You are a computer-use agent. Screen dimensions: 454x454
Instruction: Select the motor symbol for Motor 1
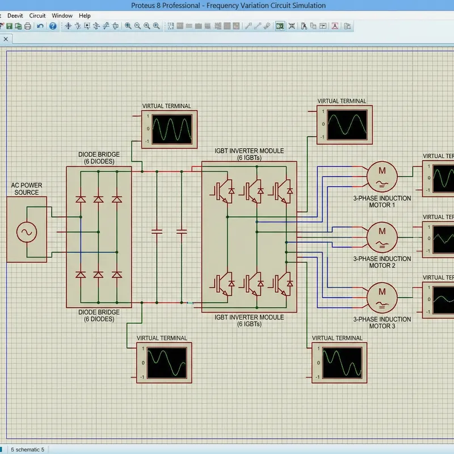click(x=381, y=175)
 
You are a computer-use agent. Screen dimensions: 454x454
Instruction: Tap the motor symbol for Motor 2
click(x=381, y=235)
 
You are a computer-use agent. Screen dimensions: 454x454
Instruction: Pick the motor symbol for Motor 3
click(x=381, y=296)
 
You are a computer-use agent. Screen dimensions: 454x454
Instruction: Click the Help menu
click(x=85, y=16)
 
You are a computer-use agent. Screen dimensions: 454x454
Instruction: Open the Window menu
click(x=62, y=16)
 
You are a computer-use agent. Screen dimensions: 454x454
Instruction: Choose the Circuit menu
click(x=37, y=16)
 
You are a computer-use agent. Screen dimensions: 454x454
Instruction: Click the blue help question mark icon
click(x=53, y=26)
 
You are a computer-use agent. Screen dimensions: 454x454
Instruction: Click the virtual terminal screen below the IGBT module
click(x=342, y=361)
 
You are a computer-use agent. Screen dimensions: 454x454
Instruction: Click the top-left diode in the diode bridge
click(x=81, y=199)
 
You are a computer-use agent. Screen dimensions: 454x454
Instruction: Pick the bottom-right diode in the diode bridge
click(x=117, y=275)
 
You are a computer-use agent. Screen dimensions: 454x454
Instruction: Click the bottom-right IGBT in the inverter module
click(x=282, y=283)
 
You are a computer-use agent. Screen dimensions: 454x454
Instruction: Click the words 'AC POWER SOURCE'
click(x=27, y=189)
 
